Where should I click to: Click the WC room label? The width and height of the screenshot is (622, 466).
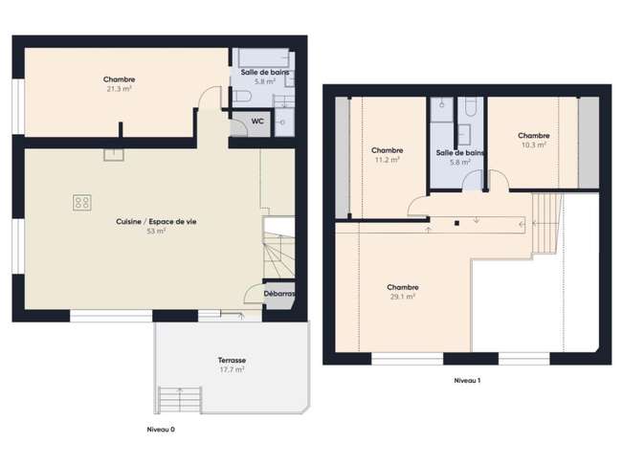257,121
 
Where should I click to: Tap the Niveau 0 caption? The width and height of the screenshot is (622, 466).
161,430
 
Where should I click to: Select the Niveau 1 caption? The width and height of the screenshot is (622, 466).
467,380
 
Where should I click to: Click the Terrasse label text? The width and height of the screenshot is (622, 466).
233,360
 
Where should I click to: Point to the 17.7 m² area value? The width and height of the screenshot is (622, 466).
233,369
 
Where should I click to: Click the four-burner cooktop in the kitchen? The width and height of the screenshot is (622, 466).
81,202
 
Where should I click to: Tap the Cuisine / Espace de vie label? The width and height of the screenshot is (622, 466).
156,221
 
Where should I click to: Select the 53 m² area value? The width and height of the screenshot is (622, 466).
156,231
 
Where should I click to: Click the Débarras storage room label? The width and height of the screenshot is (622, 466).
279,294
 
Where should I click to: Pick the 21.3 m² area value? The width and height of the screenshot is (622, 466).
119,89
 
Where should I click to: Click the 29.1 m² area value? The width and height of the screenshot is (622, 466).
403,297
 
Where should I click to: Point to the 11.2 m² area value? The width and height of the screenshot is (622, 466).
388,160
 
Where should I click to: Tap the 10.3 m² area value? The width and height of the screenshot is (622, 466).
534,145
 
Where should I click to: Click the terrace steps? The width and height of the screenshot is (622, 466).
180,400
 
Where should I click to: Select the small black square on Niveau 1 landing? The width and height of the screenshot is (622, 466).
456,223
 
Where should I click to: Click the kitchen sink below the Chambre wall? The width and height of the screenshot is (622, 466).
114,155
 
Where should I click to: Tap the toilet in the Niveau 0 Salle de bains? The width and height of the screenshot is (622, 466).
242,96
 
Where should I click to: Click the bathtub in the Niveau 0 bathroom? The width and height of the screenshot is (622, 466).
263,58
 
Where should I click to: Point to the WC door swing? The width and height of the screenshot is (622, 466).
239,127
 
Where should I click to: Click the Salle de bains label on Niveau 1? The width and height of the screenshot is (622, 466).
460,153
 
